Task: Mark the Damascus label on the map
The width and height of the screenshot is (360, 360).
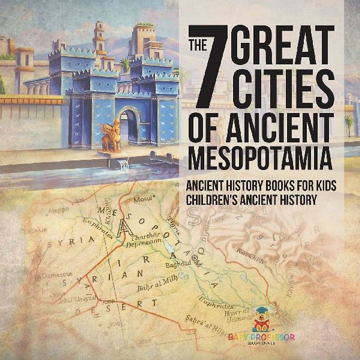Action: click(52, 274)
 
